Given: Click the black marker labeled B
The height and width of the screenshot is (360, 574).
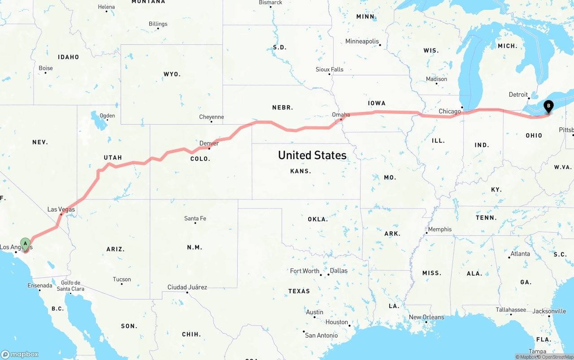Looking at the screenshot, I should click(548, 107).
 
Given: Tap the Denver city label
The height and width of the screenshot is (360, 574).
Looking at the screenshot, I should click(209, 143).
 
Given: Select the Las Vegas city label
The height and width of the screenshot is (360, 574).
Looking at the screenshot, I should click(61, 209).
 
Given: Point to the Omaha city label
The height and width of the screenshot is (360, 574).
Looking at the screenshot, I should click(341, 115).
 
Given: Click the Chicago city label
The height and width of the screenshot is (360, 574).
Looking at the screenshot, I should click(450, 111).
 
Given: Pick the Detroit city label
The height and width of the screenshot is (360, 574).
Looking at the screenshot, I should click(518, 95).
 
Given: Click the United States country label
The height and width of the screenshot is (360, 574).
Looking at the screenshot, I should click(312, 155).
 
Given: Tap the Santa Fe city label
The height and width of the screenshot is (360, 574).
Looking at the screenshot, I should click(195, 218).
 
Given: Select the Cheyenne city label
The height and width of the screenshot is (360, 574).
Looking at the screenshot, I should click(211, 117).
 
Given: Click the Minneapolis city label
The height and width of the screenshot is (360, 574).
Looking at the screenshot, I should click(362, 41).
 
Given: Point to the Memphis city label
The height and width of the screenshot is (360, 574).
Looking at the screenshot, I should click(440, 229).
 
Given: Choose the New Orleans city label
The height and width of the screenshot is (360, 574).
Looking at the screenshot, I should click(426, 317).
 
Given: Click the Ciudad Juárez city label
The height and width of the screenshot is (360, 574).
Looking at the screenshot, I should click(187, 287).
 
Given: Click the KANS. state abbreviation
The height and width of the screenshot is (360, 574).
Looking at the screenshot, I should click(300, 171).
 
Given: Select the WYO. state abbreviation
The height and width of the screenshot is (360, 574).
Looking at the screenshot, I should click(172, 74).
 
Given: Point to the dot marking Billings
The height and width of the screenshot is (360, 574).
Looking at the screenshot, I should click(158, 29).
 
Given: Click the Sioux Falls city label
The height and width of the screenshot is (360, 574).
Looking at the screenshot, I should click(330, 69).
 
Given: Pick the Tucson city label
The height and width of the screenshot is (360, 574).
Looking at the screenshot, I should click(122, 279).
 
